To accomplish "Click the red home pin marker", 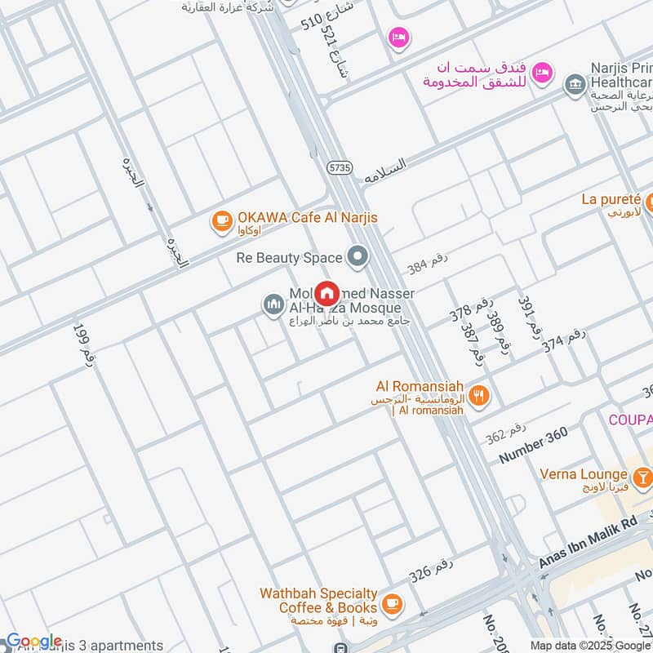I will pos(327,293).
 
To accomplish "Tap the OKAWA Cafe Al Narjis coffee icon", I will pos(220,219).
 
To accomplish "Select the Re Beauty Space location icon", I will pos(357,258).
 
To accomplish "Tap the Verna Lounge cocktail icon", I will pos(642,475).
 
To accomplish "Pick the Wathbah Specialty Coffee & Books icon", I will pos(393,603).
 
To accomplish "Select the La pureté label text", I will pos(611,198).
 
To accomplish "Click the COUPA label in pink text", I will pos(630,419).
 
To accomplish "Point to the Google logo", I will pos(33,642).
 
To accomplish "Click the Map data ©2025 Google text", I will pos(584,645).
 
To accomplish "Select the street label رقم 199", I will pos(84,343).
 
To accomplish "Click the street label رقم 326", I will pos(430,571).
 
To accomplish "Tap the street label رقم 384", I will pos(428,263).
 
